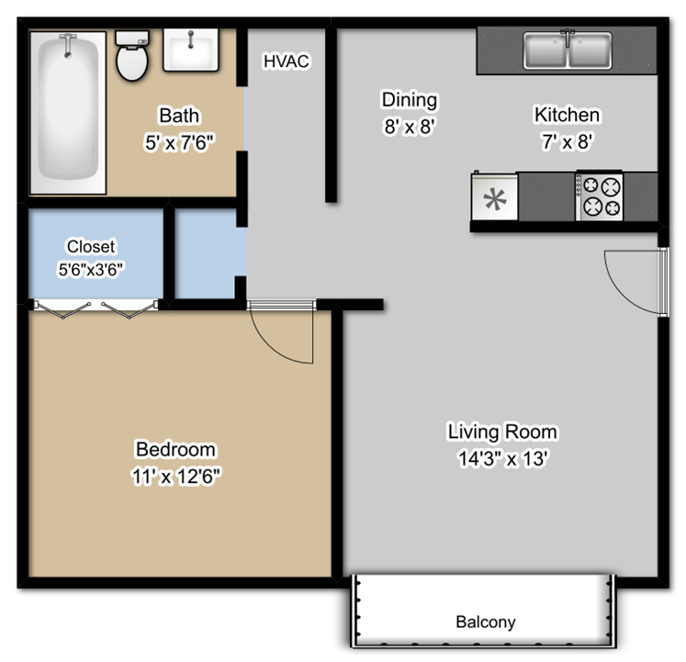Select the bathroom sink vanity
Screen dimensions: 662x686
[191, 50]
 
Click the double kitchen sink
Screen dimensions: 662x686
[568, 50]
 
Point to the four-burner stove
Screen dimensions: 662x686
[599, 196]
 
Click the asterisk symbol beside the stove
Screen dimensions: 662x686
[495, 198]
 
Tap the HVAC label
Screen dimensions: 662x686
[287, 62]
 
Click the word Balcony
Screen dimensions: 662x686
[486, 622]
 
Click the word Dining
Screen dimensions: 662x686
[410, 100]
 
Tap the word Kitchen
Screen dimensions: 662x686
[567, 115]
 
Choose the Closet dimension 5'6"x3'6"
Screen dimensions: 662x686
[90, 269]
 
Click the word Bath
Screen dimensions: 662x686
[179, 116]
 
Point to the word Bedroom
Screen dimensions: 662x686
[175, 450]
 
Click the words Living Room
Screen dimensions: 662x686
[502, 432]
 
